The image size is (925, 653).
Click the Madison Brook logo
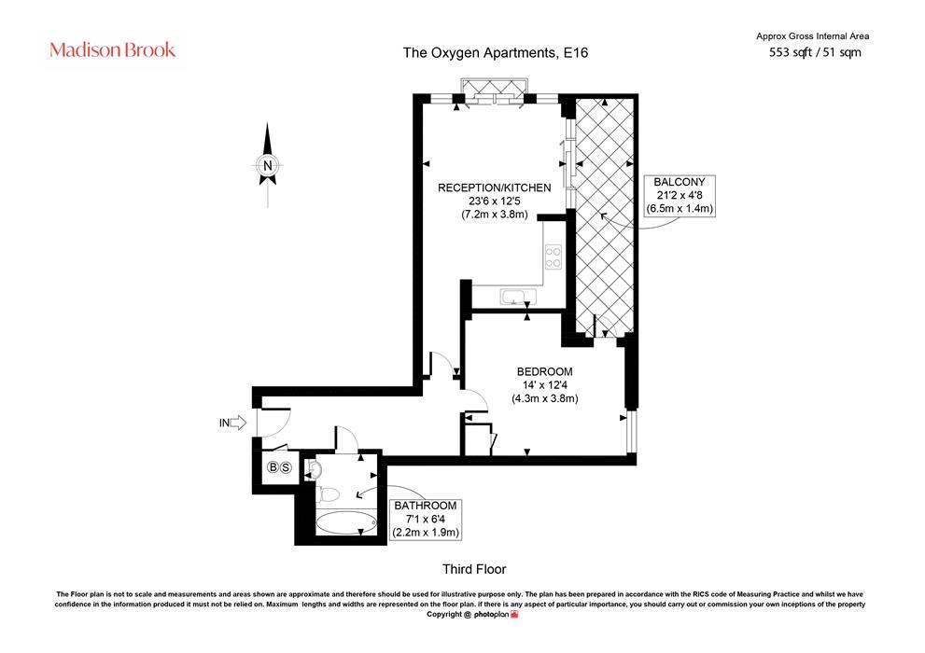[113, 49]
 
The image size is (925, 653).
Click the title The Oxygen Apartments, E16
[496, 52]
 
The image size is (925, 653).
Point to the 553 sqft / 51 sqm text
[815, 52]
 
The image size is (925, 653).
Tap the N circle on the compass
[268, 166]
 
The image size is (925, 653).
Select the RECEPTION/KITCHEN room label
[495, 188]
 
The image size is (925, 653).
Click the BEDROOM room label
[544, 372]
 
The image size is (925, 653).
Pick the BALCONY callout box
[680, 196]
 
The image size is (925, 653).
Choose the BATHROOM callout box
[426, 520]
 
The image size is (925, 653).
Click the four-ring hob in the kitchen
[554, 257]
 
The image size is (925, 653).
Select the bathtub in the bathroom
[346, 522]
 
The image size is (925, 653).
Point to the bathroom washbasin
[314, 470]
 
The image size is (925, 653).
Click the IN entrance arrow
[233, 423]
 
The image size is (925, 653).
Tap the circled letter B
[273, 467]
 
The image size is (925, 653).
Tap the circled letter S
[287, 467]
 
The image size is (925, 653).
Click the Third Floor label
[474, 569]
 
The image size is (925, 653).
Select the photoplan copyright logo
[497, 614]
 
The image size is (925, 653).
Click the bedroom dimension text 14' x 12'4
[544, 385]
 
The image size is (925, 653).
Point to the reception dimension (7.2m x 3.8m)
[495, 215]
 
